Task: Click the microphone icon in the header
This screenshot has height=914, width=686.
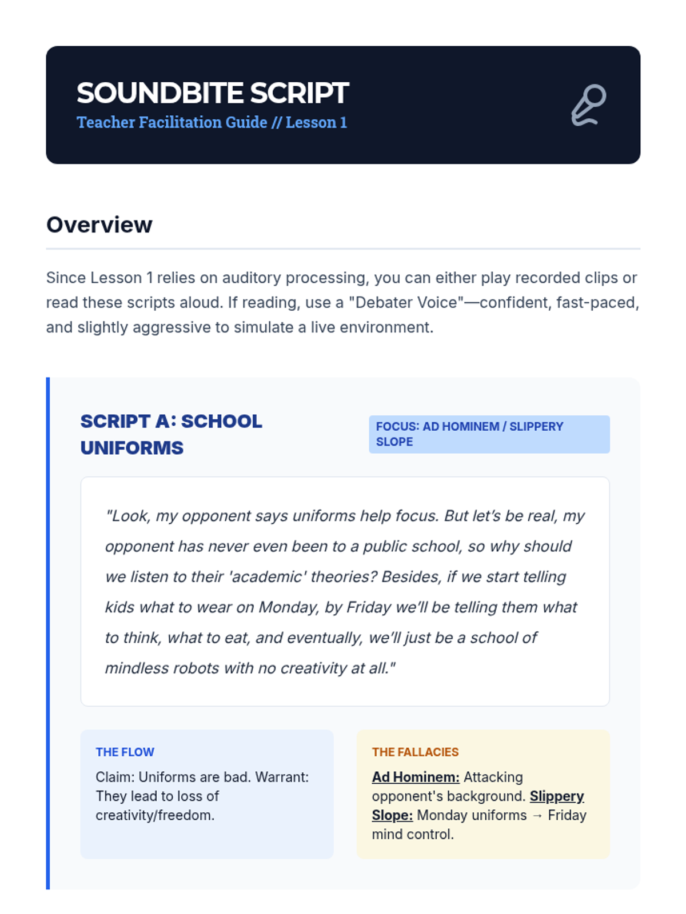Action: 589,105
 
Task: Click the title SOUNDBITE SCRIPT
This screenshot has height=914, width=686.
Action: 213,93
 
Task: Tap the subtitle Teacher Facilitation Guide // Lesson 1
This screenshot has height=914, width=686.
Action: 212,122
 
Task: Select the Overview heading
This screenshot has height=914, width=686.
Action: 99,225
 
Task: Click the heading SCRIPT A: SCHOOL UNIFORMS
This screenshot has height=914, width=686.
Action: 171,434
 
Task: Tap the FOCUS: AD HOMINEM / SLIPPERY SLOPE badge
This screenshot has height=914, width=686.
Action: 489,434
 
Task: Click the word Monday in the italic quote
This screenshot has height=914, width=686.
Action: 288,607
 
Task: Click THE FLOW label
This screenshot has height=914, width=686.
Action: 125,752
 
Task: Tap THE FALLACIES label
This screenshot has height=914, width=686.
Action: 415,752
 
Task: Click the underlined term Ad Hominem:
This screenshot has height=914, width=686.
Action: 416,777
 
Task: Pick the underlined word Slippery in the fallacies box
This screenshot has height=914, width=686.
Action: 557,796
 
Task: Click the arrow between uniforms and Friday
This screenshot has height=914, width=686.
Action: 537,815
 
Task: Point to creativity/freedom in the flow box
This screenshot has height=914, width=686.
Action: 155,815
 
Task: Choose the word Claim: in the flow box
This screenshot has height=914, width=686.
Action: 115,777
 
